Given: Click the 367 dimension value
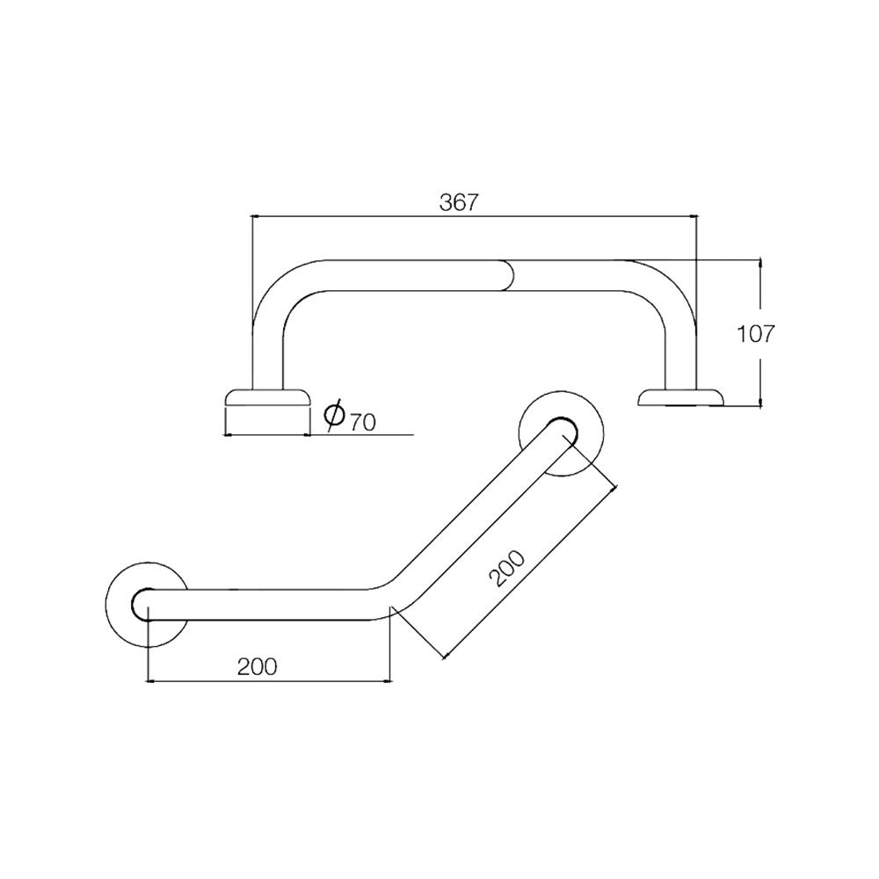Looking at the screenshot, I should (x=458, y=201).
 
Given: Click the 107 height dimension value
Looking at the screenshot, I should (x=755, y=333).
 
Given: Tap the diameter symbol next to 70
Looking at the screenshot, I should (x=334, y=414).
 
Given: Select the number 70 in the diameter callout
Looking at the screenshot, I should (x=362, y=421).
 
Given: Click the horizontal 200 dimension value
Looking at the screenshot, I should (x=257, y=666).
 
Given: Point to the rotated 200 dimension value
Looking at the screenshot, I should (x=507, y=569).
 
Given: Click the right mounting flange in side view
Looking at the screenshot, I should (x=681, y=398).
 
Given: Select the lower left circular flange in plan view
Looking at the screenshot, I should (x=145, y=603).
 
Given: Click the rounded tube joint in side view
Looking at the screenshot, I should (x=509, y=275).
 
